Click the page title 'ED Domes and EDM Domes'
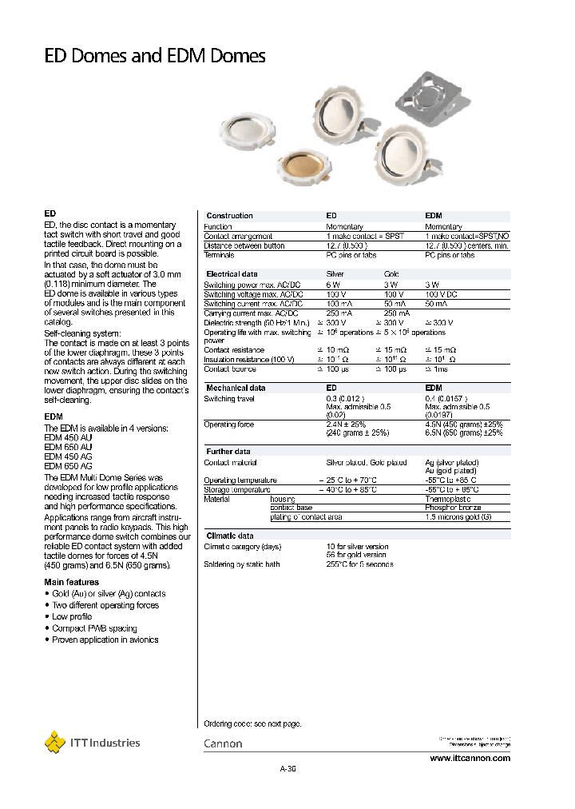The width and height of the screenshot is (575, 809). click(154, 56)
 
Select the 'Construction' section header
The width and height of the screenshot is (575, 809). click(229, 216)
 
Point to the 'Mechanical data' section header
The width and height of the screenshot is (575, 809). click(236, 388)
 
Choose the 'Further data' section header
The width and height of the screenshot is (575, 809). click(228, 452)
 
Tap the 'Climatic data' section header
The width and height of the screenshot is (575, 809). click(230, 536)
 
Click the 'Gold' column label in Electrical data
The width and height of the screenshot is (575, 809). click(391, 274)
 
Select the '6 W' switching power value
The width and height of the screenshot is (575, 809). click(333, 285)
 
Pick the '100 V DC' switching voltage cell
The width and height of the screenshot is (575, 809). click(442, 294)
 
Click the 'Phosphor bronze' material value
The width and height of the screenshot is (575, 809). click(452, 508)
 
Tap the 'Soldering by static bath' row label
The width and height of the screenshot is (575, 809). click(242, 564)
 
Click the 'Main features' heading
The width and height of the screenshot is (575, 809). click(72, 582)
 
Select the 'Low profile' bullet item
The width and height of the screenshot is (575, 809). click(72, 616)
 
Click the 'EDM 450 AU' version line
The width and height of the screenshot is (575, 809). click(68, 438)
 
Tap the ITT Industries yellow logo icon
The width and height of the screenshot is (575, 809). click(54, 742)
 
